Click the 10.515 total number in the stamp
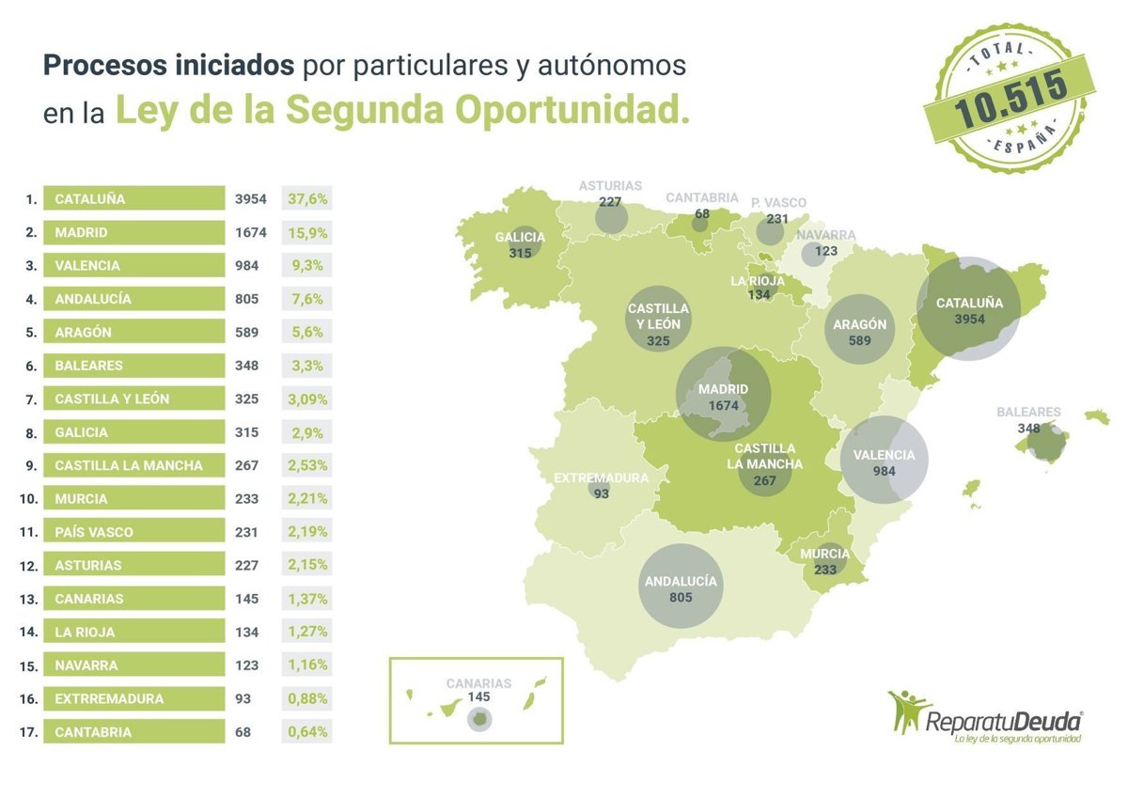pos(1010,98)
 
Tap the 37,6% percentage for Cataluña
pos(306,199)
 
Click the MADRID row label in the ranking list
pos(82,232)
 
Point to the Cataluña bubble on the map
pos(968,309)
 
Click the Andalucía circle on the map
pos(681,586)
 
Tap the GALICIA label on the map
pos(520,238)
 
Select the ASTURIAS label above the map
pos(610,186)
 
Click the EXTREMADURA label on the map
pos(602,477)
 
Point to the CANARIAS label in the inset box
pos(478,683)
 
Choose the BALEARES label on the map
pos(1029,412)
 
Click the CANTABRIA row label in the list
pos(93,732)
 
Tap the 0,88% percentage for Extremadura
pos(306,698)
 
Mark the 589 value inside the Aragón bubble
pos(859,340)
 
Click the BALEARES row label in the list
pos(88,366)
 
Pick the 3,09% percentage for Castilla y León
pos(306,398)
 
